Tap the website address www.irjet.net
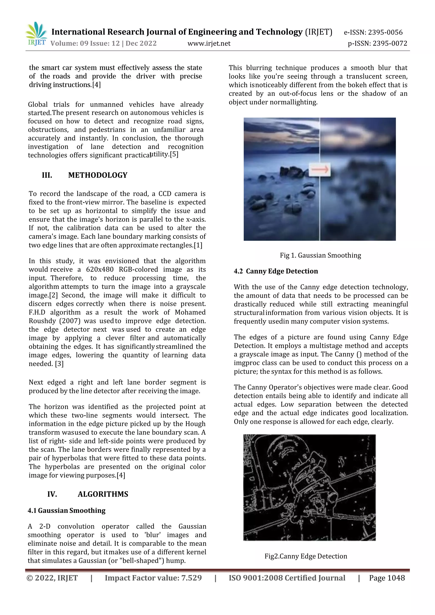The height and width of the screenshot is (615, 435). tap(209, 43)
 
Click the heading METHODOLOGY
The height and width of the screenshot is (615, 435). tap(98, 175)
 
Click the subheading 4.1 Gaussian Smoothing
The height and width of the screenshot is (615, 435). tap(66, 511)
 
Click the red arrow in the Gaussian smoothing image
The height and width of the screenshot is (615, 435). tap(320, 169)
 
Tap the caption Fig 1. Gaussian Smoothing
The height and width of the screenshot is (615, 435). tap(320, 255)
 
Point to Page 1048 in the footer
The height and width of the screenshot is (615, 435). tap(387, 578)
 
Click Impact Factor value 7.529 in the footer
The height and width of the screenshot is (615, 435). tap(153, 578)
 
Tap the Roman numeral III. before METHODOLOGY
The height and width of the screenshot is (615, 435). tap(47, 175)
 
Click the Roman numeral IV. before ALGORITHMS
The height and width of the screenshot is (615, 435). tap(52, 494)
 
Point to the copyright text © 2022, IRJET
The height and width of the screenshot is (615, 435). tap(52, 578)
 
